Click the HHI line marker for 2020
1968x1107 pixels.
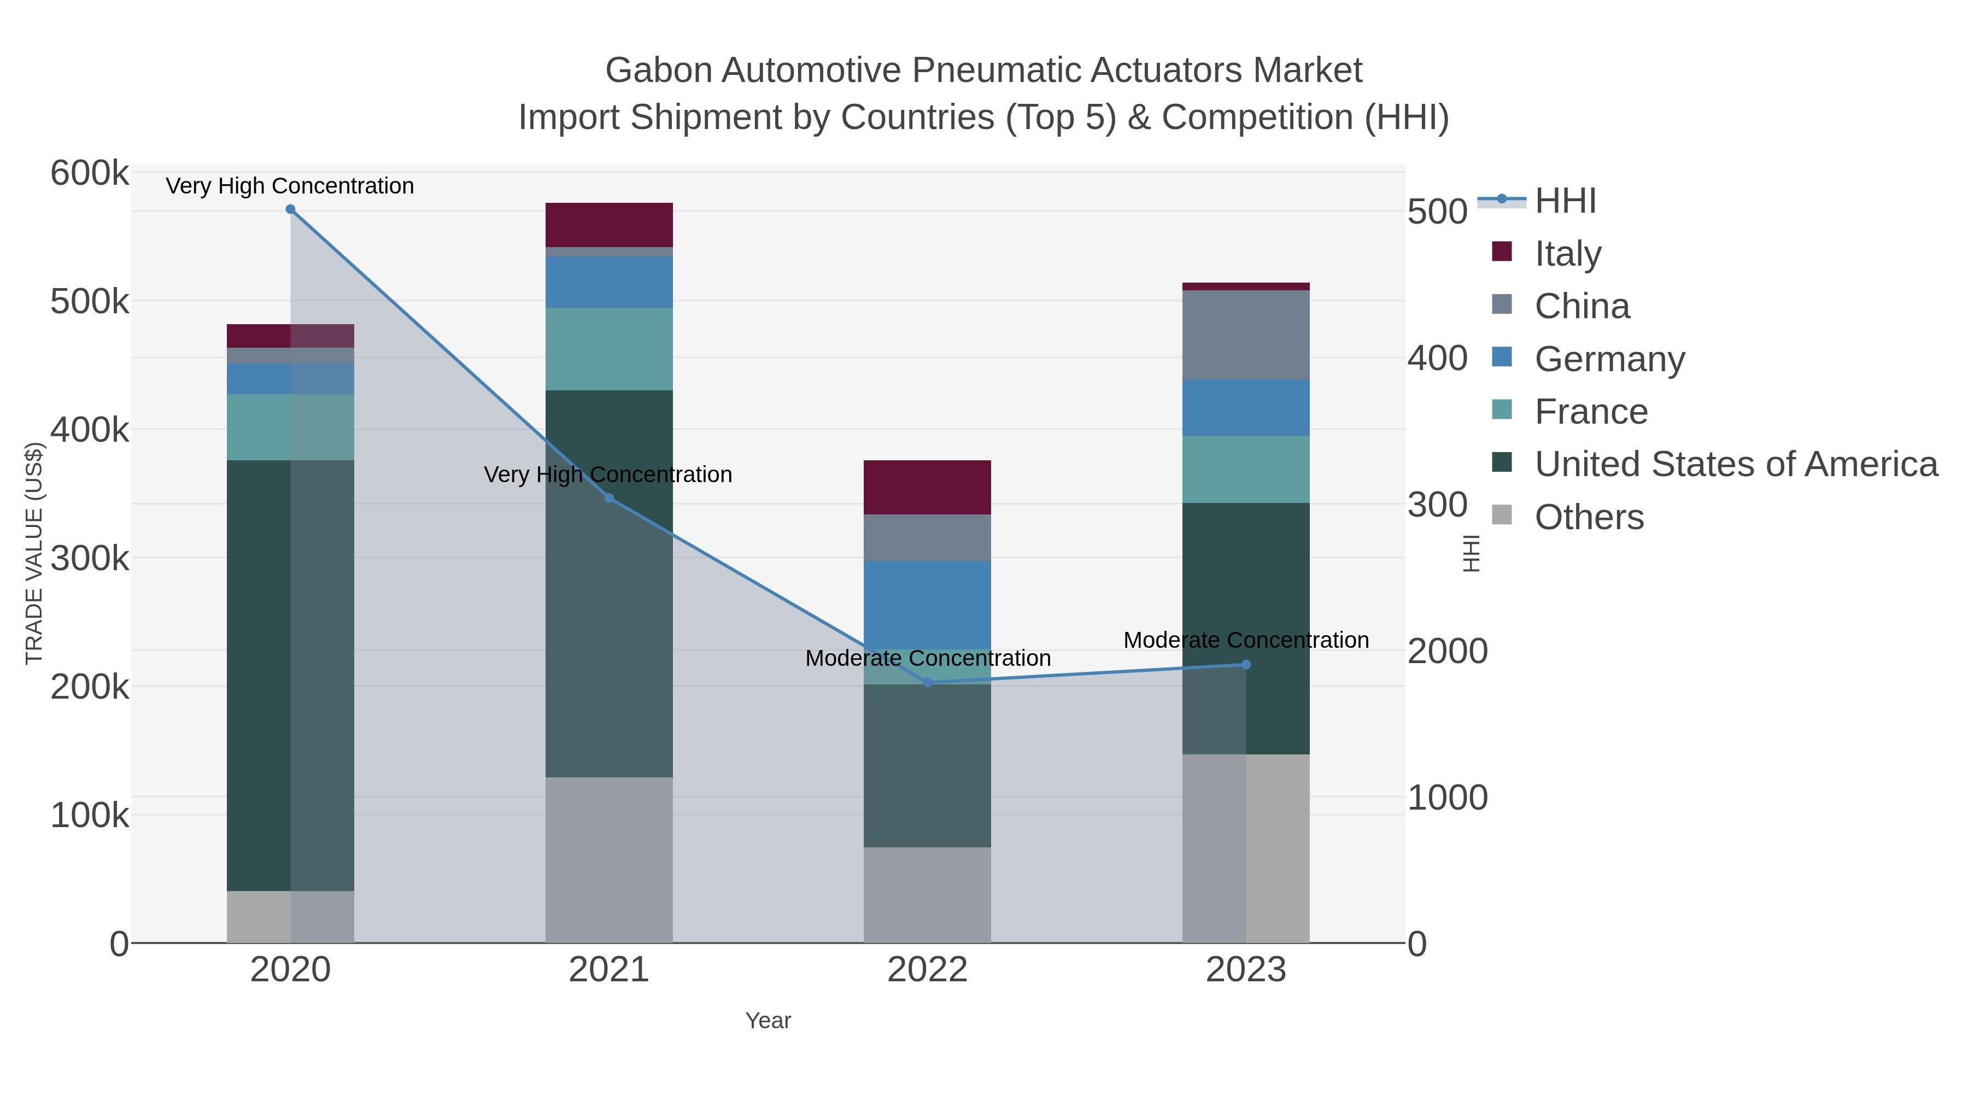coord(290,209)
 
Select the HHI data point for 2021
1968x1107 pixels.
coord(609,498)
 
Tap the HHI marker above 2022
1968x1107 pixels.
coord(928,683)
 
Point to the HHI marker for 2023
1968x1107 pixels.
coord(1246,665)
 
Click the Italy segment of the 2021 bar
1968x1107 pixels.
coord(609,225)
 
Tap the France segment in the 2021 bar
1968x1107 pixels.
coord(609,349)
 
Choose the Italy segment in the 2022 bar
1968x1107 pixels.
coord(928,488)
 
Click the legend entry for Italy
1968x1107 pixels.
coord(1568,254)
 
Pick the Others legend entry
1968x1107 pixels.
coord(1589,517)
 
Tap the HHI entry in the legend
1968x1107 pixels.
coord(1565,201)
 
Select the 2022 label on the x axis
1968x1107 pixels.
coord(928,970)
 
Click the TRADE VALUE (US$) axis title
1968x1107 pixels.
coord(34,553)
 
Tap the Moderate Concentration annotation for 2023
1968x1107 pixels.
coord(1246,640)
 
